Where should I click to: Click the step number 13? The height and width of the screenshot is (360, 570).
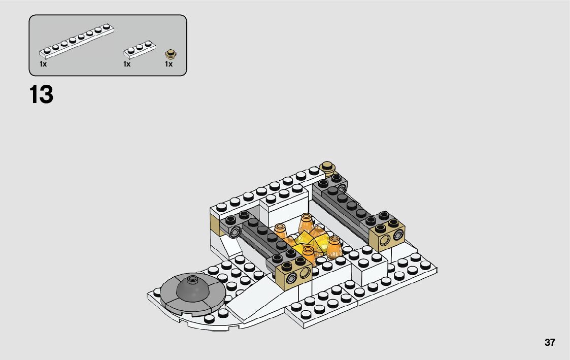click(41, 94)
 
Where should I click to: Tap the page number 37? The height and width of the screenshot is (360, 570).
click(550, 343)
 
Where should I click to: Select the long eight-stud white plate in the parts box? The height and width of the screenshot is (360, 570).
click(77, 41)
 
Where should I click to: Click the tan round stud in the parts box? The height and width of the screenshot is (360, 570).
click(171, 54)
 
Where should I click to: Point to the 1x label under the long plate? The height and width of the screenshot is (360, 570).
click(43, 64)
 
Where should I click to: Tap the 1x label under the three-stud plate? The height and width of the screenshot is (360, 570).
click(127, 64)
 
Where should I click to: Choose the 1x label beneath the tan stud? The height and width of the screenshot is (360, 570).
click(169, 64)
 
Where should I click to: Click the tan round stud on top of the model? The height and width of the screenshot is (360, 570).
click(327, 168)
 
